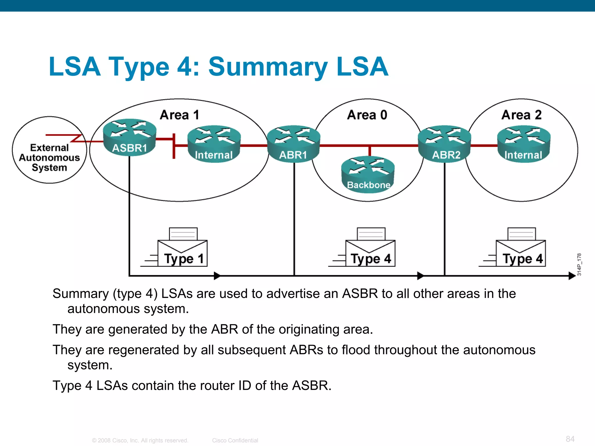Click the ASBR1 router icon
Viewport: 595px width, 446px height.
point(130,137)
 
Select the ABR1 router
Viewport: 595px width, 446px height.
point(293,144)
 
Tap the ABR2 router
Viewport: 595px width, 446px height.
point(445,144)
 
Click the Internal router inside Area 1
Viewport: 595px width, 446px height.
point(214,144)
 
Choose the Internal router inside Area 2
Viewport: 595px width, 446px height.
point(524,144)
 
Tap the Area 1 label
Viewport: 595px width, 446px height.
point(180,115)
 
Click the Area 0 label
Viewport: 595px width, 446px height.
point(367,115)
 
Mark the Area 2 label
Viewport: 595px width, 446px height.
point(521,115)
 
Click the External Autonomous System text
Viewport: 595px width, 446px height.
point(49,158)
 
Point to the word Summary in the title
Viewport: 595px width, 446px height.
point(268,67)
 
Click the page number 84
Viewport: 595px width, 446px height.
point(570,439)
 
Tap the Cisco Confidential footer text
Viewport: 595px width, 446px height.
point(235,440)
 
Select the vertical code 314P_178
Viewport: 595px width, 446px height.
point(579,265)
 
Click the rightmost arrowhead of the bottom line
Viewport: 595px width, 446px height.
point(572,276)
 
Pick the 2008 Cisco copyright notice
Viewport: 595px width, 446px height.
point(140,440)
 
